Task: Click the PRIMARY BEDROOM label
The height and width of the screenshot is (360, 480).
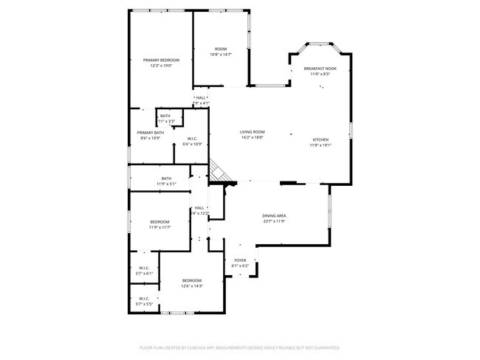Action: point(161,59)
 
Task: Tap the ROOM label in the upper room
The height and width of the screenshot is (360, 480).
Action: point(221,49)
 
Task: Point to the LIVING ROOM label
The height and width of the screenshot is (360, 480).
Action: point(252,132)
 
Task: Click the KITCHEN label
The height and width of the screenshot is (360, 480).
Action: point(320,139)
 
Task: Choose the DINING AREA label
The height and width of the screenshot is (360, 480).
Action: point(274,216)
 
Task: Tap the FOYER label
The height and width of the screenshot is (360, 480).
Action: point(240,260)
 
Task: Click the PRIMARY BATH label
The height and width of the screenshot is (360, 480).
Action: point(150,133)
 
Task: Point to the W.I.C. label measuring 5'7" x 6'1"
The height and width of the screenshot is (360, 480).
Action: point(144,268)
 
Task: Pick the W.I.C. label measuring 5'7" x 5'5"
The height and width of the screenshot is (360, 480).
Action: point(144,298)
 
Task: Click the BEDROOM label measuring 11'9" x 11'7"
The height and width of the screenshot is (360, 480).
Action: point(160,222)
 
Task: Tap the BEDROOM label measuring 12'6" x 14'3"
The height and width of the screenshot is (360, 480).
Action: point(192,280)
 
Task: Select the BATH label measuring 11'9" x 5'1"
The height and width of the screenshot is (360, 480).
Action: point(166,178)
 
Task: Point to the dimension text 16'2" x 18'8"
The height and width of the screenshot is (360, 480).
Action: point(252,137)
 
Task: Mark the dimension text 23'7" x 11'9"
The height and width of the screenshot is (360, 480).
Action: point(274,221)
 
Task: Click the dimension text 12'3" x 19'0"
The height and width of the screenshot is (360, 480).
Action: point(161,65)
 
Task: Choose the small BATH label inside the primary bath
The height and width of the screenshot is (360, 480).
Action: point(165,115)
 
